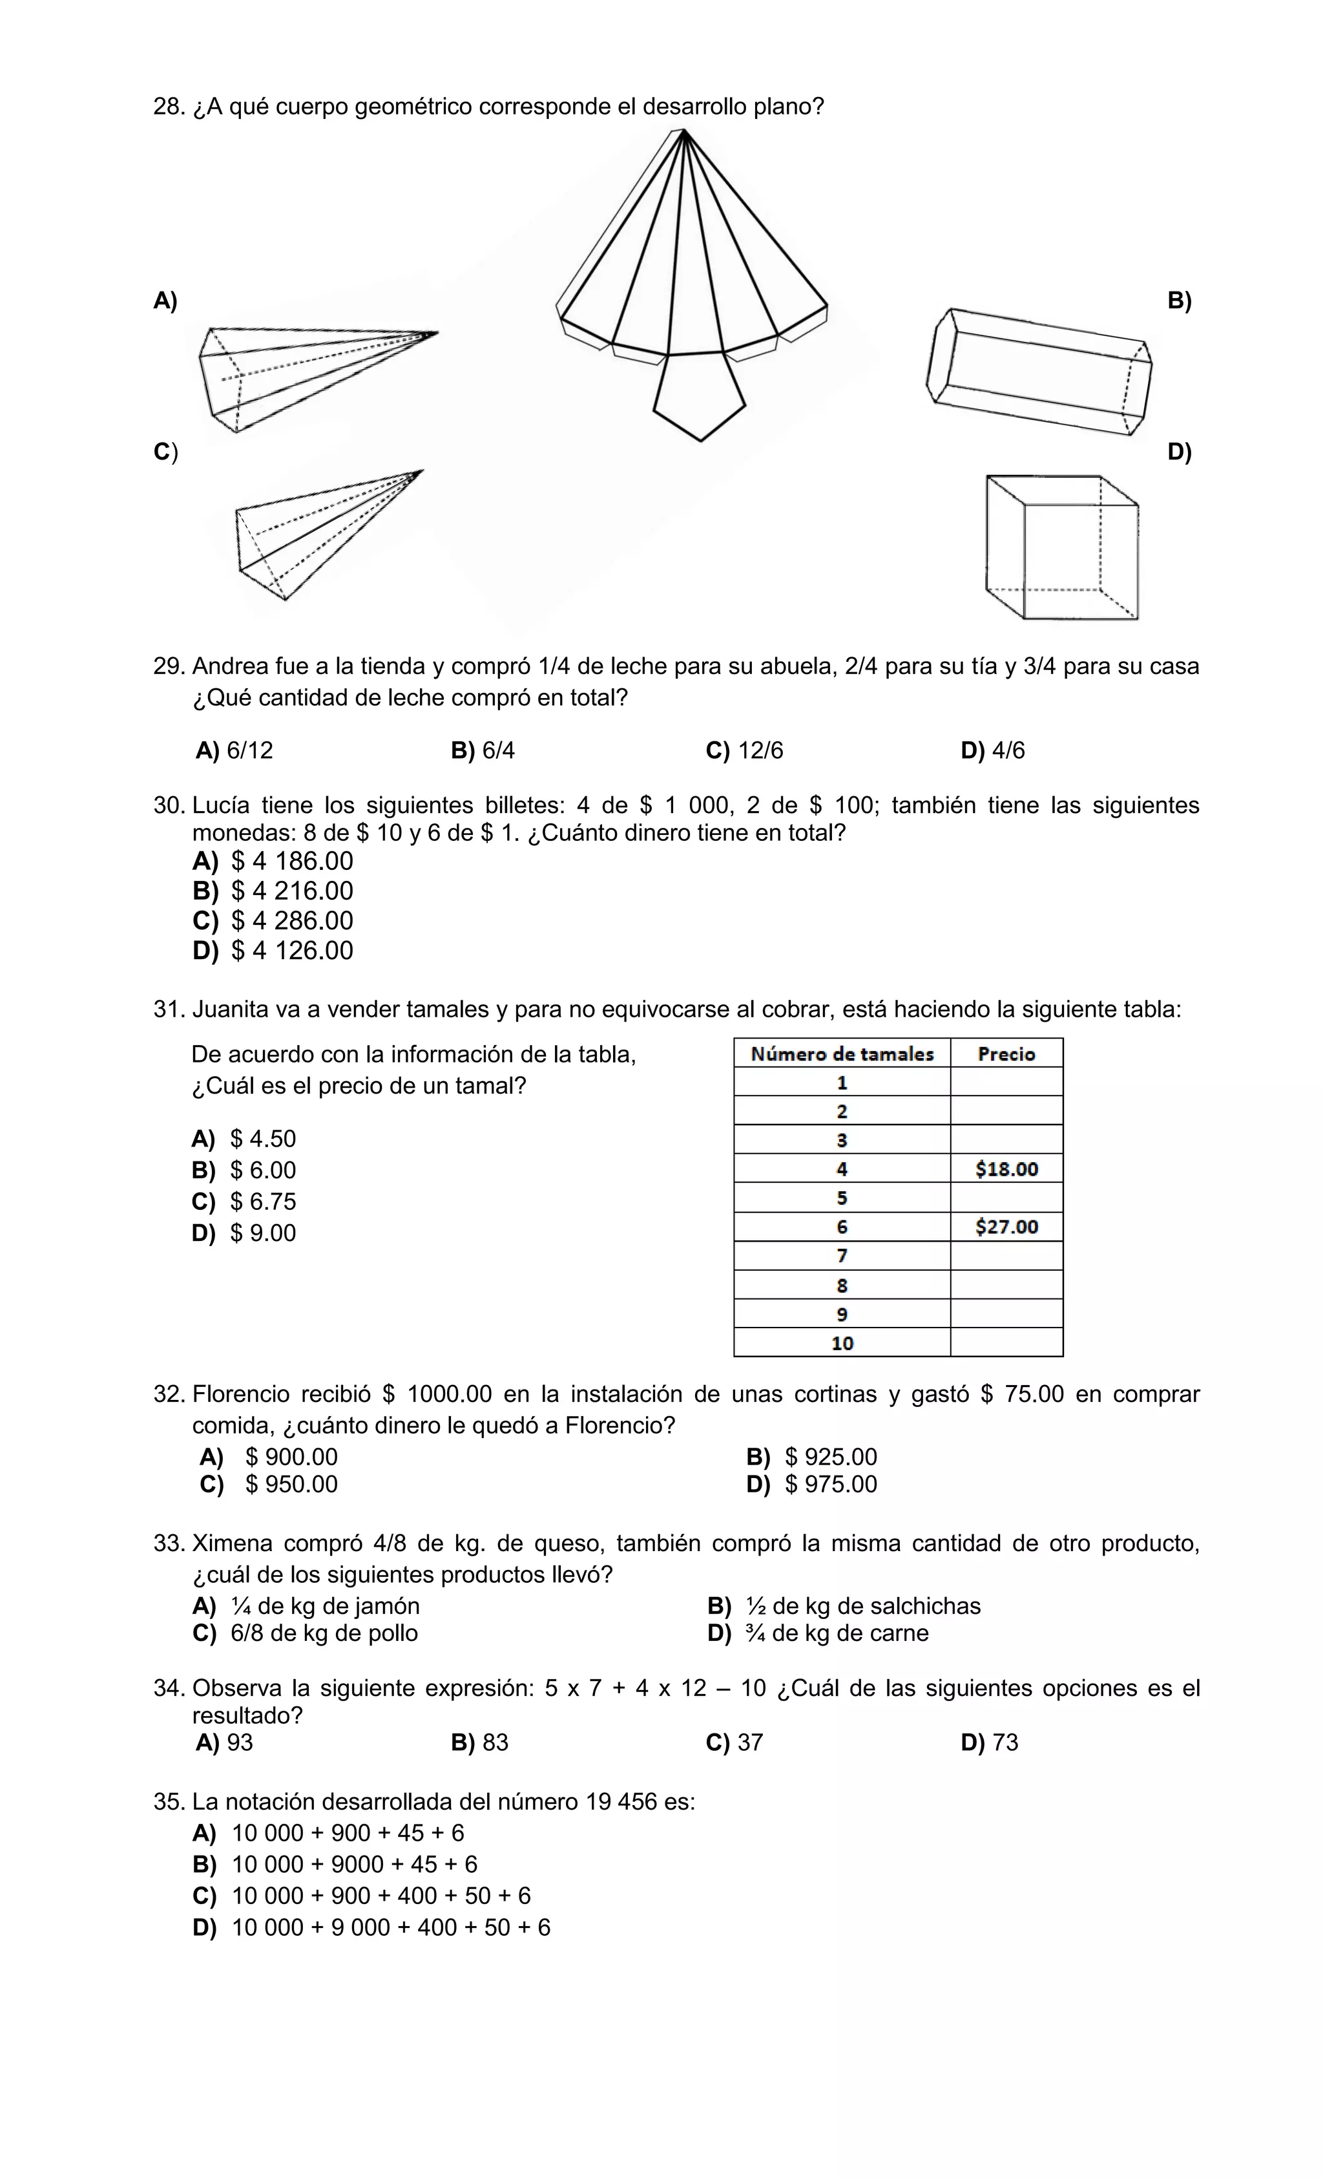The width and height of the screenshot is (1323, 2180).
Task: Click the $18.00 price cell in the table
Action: pyautogui.click(x=1006, y=1169)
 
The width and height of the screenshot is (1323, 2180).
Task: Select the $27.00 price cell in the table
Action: pyautogui.click(x=1006, y=1226)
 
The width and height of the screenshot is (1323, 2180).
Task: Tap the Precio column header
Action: pyautogui.click(x=1006, y=1053)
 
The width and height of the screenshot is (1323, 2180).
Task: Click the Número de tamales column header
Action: pyautogui.click(x=841, y=1053)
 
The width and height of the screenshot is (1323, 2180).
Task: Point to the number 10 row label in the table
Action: pyautogui.click(x=841, y=1343)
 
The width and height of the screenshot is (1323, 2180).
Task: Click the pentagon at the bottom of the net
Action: pyautogui.click(x=698, y=396)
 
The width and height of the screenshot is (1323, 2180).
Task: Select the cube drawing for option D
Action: pyautogui.click(x=1061, y=547)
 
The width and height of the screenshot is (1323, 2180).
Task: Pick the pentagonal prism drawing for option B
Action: pyautogui.click(x=1039, y=371)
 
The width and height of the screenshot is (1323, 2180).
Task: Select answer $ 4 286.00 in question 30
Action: pyautogui.click(x=292, y=921)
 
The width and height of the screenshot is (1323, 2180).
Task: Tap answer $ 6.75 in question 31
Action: pyautogui.click(x=263, y=1201)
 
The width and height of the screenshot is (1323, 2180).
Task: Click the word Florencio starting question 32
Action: pyautogui.click(x=237, y=1394)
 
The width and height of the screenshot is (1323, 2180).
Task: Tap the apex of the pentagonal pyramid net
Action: pyautogui.click(x=683, y=132)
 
